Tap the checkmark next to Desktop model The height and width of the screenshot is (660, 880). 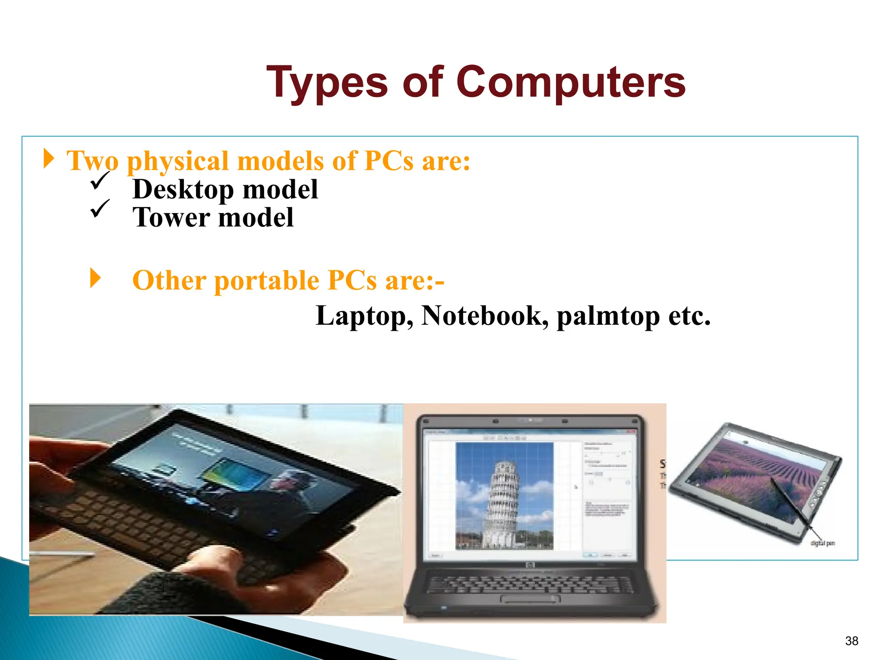pyautogui.click(x=100, y=180)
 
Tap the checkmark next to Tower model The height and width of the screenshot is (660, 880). pyautogui.click(x=100, y=208)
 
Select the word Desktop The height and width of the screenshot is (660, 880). pyautogui.click(x=183, y=189)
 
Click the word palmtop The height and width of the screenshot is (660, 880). pyautogui.click(x=608, y=316)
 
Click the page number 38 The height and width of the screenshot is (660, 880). pyautogui.click(x=851, y=641)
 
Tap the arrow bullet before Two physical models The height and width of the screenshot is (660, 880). pyautogui.click(x=49, y=159)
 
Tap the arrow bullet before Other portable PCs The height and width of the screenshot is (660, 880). pyautogui.click(x=95, y=278)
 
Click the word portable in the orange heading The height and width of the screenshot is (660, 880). pyautogui.click(x=266, y=281)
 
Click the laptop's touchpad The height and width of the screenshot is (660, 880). pyautogui.click(x=530, y=599)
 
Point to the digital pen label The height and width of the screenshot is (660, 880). pyautogui.click(x=822, y=543)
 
